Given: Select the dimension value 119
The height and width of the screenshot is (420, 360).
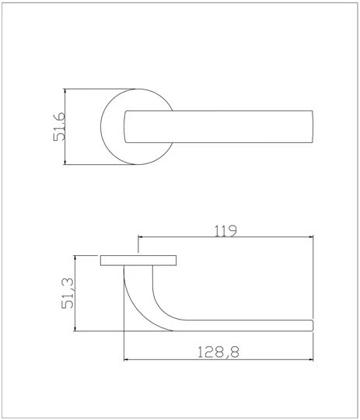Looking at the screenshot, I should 225,230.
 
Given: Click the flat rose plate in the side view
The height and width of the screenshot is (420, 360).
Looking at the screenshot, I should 138,260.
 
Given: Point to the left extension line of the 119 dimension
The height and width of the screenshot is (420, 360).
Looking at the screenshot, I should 138,245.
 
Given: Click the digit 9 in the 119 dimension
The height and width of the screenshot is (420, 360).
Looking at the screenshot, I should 232,230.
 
